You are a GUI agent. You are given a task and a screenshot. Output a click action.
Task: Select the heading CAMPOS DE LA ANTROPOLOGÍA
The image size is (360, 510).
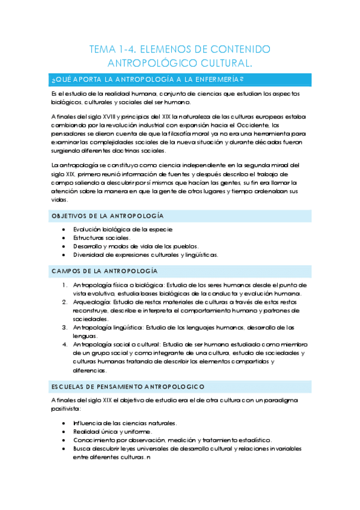click(104, 271)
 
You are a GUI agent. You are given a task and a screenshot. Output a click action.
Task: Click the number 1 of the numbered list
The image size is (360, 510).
click(64, 284)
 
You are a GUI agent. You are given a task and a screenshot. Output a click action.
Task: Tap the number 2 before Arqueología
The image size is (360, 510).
click(64, 302)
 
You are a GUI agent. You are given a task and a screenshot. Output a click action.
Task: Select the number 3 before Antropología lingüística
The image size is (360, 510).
click(64, 327)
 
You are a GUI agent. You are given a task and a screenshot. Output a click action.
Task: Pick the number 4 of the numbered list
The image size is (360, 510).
click(64, 345)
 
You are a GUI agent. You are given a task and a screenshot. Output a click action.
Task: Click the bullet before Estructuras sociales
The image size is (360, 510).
click(65, 238)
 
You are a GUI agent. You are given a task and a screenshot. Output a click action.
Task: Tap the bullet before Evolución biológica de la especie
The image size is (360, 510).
click(65, 229)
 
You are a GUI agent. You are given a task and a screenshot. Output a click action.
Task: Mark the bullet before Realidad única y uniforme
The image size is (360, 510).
click(65, 431)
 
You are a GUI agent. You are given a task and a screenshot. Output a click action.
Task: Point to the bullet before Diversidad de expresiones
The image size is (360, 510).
click(65, 254)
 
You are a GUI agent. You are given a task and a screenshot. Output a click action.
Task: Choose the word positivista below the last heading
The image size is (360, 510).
click(67, 408)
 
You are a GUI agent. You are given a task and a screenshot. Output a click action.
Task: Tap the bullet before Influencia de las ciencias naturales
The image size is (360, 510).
click(65, 423)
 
